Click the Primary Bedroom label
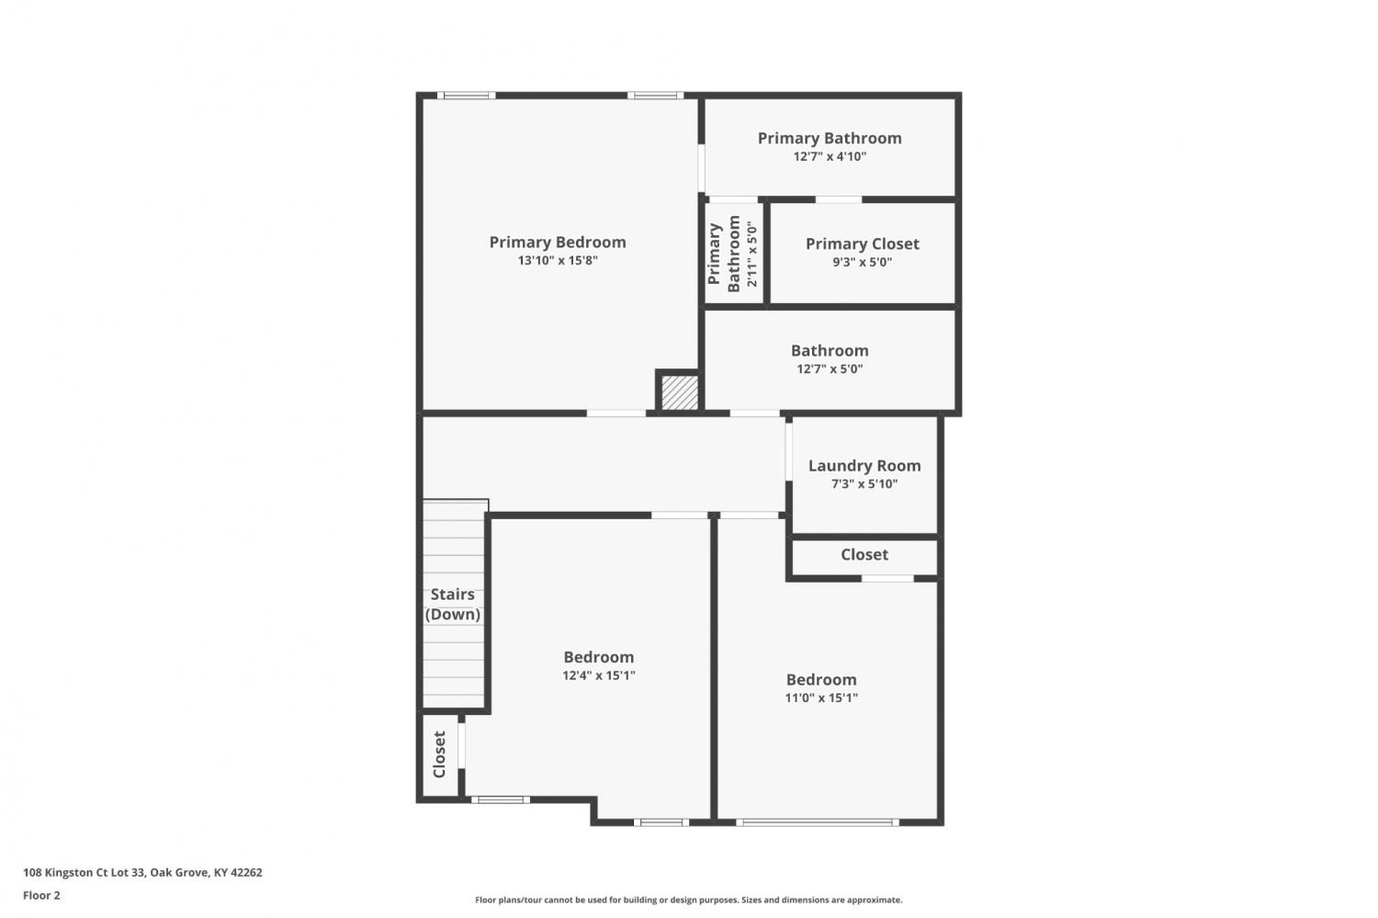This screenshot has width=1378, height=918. [x=558, y=243]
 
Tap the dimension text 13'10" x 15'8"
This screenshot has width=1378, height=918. [x=558, y=260]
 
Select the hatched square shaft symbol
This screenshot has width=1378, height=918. [x=680, y=392]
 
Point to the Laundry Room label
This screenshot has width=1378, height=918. [x=864, y=466]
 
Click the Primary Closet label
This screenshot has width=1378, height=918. [x=863, y=244]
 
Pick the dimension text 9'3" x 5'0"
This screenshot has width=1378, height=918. [x=863, y=262]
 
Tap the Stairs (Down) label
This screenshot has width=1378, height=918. [x=453, y=605]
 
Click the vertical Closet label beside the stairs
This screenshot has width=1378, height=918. [x=439, y=754]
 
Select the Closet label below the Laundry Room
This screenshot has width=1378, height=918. [x=864, y=555]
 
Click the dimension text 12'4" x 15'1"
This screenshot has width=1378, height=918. [x=599, y=675]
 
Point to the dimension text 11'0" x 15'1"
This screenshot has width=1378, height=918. [x=821, y=697]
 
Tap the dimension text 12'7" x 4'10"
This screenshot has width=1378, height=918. [x=830, y=156]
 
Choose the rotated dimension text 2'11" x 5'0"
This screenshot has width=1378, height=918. [x=751, y=254]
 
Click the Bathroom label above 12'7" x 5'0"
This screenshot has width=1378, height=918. [x=830, y=351]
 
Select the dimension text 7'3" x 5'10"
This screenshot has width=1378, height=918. [x=864, y=483]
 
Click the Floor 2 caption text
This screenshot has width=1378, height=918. [x=42, y=895]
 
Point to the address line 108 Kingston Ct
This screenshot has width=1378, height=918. [x=142, y=872]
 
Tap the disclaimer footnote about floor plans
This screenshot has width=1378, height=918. [x=688, y=901]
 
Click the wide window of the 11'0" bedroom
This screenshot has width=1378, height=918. [x=818, y=822]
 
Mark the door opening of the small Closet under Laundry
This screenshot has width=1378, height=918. [x=887, y=578]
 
